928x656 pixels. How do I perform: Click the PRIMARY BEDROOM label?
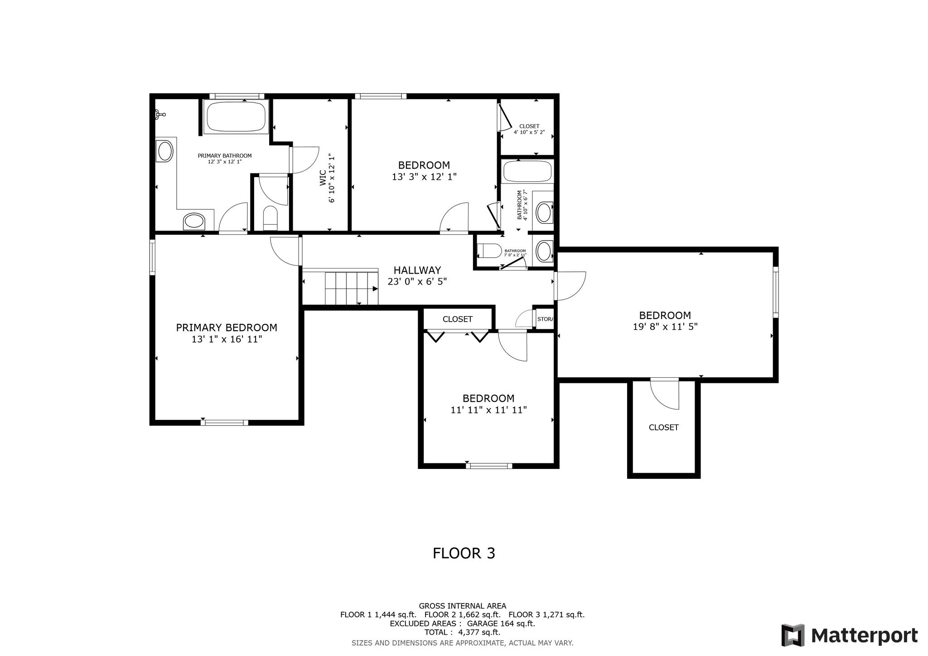(x=227, y=328)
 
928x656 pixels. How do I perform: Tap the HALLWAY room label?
(x=417, y=270)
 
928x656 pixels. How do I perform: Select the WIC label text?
(x=323, y=178)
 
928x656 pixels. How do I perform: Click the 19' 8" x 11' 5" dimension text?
(x=665, y=327)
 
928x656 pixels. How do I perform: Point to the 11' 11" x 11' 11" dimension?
(x=488, y=410)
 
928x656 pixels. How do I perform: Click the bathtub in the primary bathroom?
(x=236, y=117)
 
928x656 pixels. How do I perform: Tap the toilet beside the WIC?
(x=271, y=218)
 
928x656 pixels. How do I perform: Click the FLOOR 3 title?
(x=464, y=553)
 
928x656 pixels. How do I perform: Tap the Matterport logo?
(x=849, y=636)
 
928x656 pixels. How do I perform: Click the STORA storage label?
(x=545, y=319)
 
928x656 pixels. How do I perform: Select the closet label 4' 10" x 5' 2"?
(x=529, y=132)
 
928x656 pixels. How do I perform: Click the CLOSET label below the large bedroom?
(x=664, y=427)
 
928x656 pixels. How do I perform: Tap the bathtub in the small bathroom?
(x=528, y=172)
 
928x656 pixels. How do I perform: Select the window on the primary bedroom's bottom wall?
(x=225, y=423)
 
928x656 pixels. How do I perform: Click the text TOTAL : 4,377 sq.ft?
(x=462, y=632)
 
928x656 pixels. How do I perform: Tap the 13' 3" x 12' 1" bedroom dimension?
(x=424, y=177)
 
